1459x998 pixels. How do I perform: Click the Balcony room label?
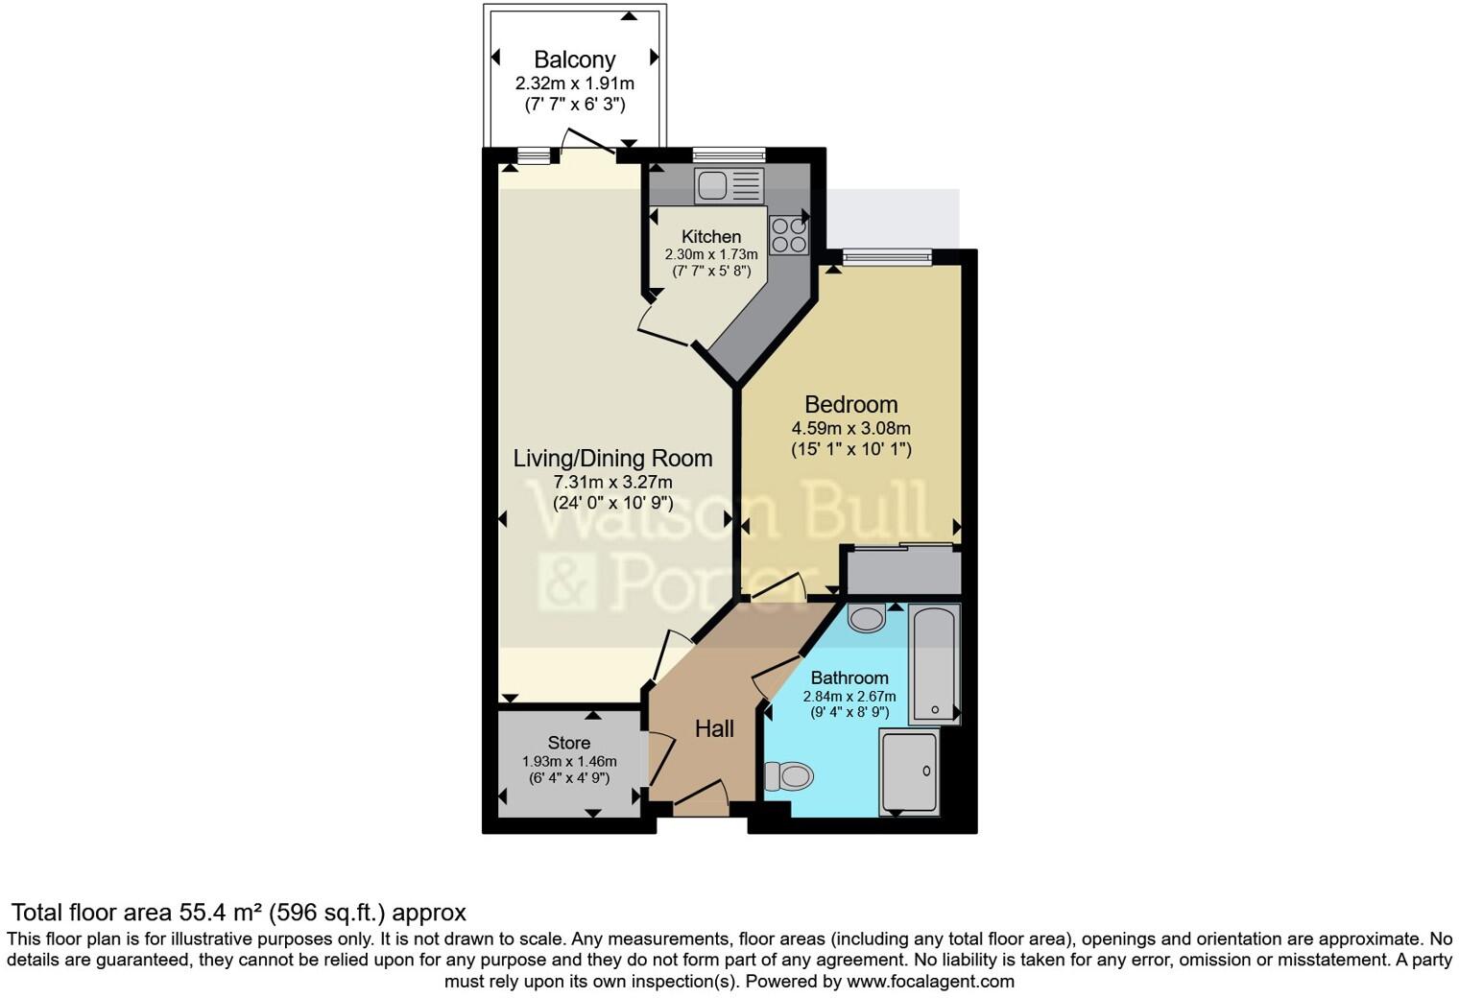(574, 59)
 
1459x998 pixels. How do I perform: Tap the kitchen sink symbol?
(729, 185)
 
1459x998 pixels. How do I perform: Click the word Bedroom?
(850, 405)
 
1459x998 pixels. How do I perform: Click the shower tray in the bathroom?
(908, 772)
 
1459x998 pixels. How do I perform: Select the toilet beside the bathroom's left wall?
(789, 775)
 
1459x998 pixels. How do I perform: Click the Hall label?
(714, 729)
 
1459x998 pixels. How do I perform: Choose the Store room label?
(568, 743)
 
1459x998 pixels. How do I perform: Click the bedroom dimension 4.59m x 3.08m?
(850, 429)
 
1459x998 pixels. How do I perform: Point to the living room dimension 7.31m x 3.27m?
(612, 482)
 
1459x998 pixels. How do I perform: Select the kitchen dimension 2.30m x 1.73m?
(711, 254)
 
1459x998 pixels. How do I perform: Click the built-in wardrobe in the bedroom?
(903, 572)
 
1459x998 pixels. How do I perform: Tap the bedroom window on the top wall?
(887, 256)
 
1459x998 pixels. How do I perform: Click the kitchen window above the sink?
(729, 154)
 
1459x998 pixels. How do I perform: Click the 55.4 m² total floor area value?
(221, 912)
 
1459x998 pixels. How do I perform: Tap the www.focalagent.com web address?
(930, 982)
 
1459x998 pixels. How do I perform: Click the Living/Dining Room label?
(612, 458)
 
